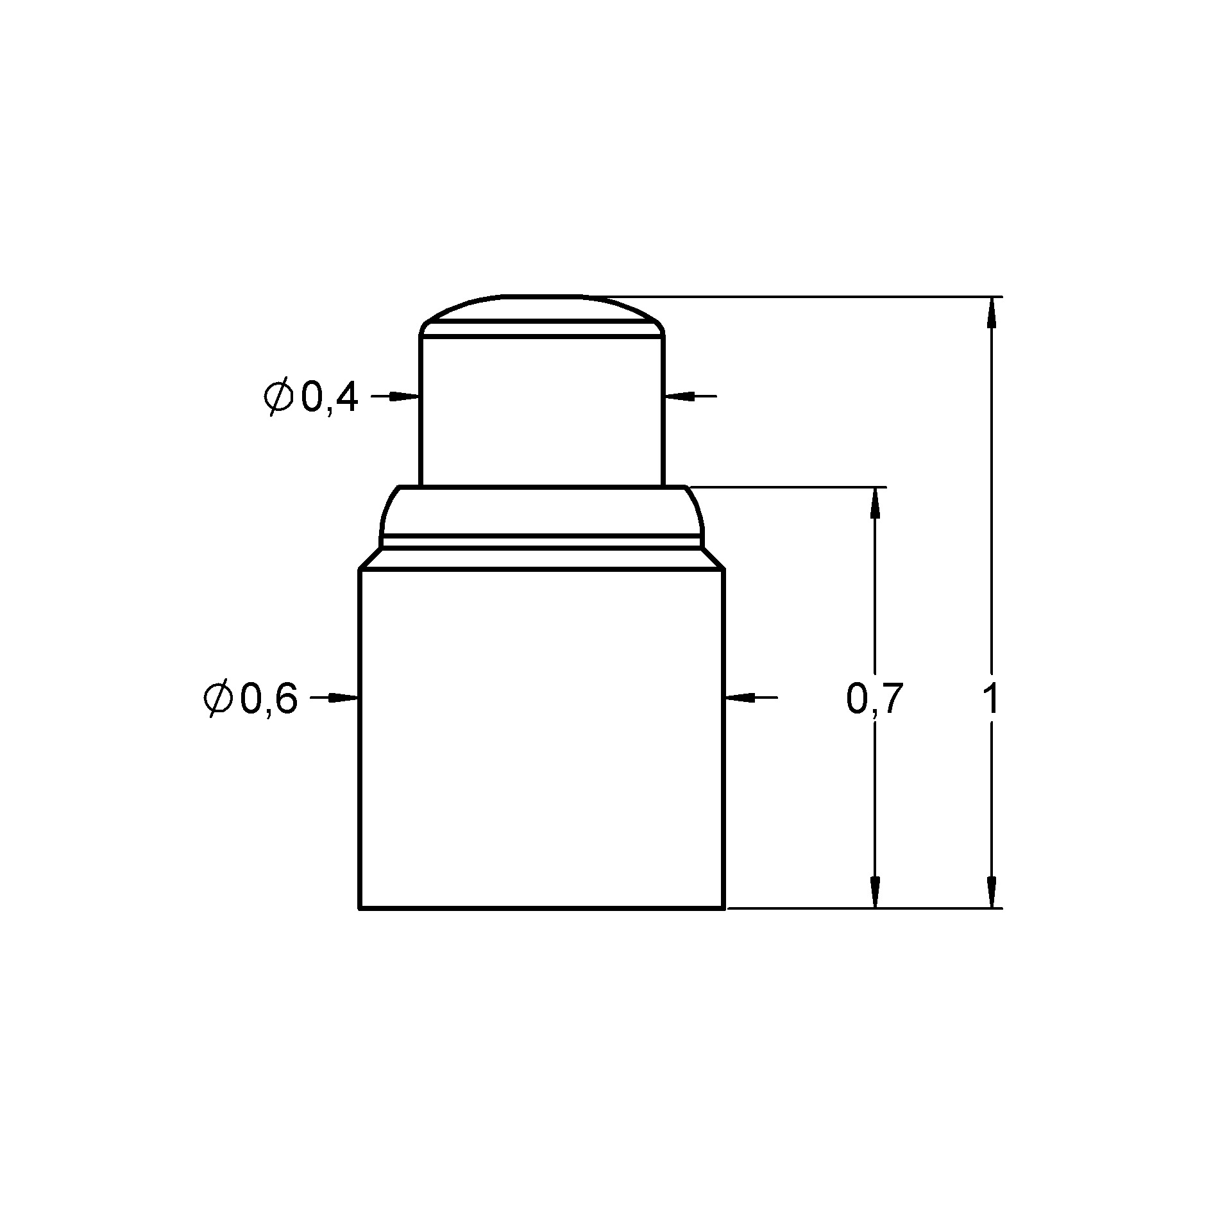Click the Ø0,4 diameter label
[310, 398]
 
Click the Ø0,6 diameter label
[250, 699]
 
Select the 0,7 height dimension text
[874, 699]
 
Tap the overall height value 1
[990, 699]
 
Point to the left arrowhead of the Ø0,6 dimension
[344, 697]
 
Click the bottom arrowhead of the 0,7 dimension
[874, 892]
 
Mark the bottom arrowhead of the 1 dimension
[992, 892]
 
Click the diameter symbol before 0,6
[217, 699]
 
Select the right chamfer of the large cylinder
[713, 558]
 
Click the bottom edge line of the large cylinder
[542, 908]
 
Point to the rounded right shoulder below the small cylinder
[697, 510]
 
